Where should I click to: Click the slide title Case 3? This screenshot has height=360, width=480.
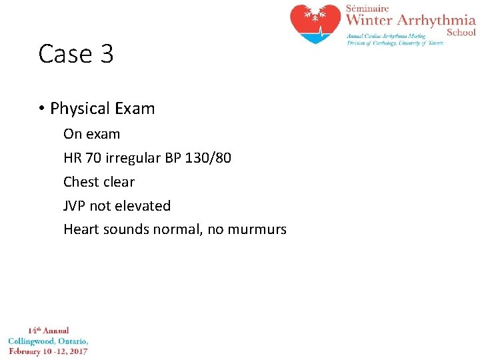[76, 54]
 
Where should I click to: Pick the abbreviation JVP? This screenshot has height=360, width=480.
[75, 206]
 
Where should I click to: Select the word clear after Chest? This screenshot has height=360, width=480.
[119, 182]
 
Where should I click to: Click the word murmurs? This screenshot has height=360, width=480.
[257, 230]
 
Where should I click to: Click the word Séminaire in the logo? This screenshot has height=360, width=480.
[366, 8]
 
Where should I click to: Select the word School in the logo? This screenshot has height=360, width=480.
[461, 32]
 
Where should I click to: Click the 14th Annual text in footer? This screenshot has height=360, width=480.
[48, 331]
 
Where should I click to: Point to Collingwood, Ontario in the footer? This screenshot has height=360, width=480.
[48, 341]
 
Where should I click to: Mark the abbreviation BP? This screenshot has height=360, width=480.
[164, 158]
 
